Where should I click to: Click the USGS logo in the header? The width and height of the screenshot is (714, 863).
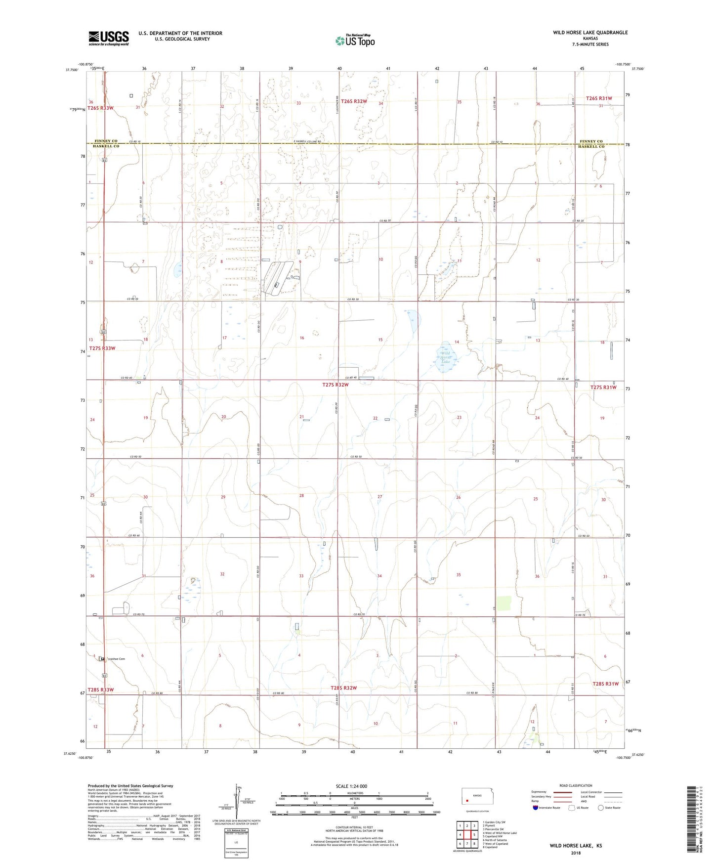[x=109, y=38]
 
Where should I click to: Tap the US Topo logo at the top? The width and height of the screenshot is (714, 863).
[x=355, y=41]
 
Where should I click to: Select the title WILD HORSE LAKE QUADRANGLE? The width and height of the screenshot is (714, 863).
[x=590, y=33]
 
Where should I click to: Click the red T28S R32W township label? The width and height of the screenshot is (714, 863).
[x=343, y=688]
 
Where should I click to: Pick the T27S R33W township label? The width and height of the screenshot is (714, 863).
[x=102, y=348]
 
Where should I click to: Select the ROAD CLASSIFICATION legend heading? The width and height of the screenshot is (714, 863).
[x=576, y=785]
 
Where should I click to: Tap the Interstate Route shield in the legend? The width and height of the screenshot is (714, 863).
[x=536, y=808]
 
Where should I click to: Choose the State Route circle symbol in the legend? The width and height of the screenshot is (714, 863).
[x=601, y=808]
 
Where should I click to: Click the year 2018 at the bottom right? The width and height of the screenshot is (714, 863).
[x=575, y=853]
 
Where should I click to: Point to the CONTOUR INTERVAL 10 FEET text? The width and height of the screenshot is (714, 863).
[x=354, y=827]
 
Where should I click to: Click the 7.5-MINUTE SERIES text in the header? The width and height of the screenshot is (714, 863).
[x=590, y=44]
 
